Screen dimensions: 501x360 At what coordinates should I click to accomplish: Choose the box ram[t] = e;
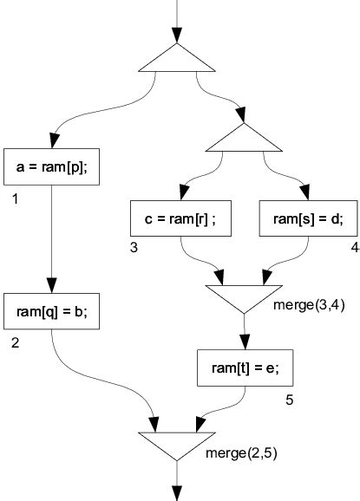tap(245, 368)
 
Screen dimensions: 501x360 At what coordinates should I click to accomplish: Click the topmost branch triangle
tap(177, 58)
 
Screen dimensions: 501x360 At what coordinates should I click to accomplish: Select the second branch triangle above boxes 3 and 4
tap(245, 137)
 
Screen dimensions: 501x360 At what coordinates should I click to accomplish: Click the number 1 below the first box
tap(16, 200)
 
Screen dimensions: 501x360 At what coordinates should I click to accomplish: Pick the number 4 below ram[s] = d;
tap(354, 249)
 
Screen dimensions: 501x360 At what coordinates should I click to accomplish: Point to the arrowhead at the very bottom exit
tap(177, 491)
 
